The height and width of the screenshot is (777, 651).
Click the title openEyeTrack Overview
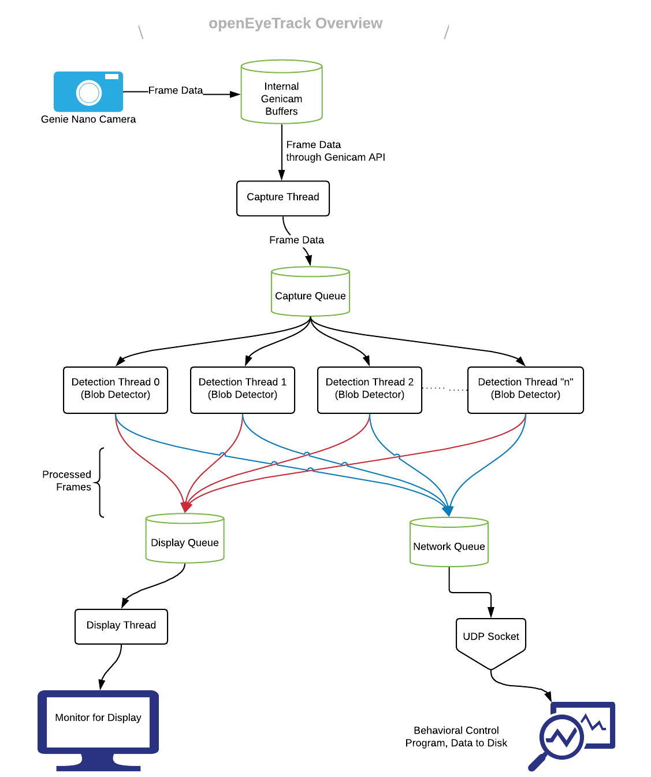coord(295,23)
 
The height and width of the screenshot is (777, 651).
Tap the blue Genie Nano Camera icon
coord(88,91)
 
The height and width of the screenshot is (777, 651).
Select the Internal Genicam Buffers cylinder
coord(281,92)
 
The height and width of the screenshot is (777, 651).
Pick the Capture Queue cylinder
coord(310,293)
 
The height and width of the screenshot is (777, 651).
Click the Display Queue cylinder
coord(185,539)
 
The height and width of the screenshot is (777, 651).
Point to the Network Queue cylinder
coord(449,543)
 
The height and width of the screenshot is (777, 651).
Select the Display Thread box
coord(121,626)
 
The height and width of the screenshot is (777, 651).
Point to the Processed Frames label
coord(67,480)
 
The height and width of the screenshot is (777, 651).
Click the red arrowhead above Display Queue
coord(186,507)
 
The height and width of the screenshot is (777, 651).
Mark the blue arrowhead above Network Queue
coord(448,510)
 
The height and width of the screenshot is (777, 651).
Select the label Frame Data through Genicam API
coord(335,151)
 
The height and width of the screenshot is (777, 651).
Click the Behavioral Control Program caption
coord(456,737)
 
